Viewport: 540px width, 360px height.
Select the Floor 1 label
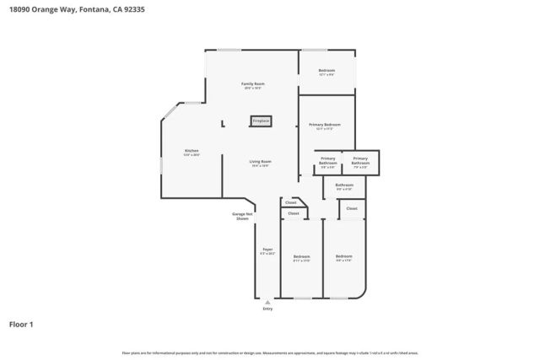pyautogui.click(x=21, y=324)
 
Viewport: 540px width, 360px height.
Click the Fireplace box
pyautogui.click(x=261, y=121)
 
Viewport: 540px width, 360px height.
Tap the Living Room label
pyautogui.click(x=259, y=162)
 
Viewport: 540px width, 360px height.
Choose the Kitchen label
pyautogui.click(x=192, y=151)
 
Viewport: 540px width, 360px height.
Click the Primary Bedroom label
pyautogui.click(x=325, y=125)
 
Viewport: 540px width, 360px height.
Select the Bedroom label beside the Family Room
pyautogui.click(x=327, y=70)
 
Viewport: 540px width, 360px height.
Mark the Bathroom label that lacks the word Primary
pyautogui.click(x=344, y=185)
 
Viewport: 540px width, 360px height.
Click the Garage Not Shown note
pyautogui.click(x=242, y=216)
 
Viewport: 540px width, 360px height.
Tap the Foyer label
pyautogui.click(x=267, y=250)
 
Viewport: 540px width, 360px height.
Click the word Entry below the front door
pyautogui.click(x=267, y=309)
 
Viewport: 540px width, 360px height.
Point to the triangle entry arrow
pyautogui.click(x=267, y=301)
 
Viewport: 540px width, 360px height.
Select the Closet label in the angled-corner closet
pyautogui.click(x=290, y=202)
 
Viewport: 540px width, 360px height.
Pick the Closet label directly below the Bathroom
pyautogui.click(x=351, y=207)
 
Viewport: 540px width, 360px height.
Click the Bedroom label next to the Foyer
pyautogui.click(x=301, y=256)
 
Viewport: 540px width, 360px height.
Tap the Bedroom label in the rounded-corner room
pyautogui.click(x=343, y=256)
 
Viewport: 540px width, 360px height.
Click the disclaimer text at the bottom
pyautogui.click(x=269, y=352)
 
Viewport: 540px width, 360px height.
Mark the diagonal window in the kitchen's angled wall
pyautogui.click(x=170, y=111)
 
